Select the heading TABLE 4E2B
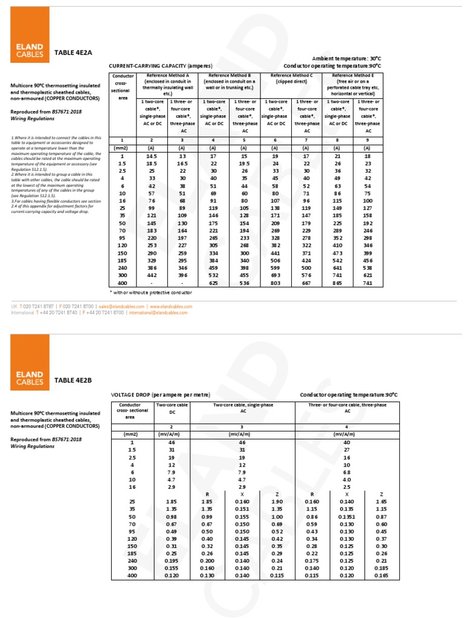click(x=73, y=380)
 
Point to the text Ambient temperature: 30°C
click(x=347, y=58)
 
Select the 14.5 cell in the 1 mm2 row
click(x=152, y=156)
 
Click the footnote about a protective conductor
click(x=150, y=292)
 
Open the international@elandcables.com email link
click(x=159, y=313)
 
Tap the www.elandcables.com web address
click(x=171, y=307)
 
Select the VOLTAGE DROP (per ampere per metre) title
click(x=160, y=394)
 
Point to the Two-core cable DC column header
click(x=172, y=408)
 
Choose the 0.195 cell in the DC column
click(x=172, y=559)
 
